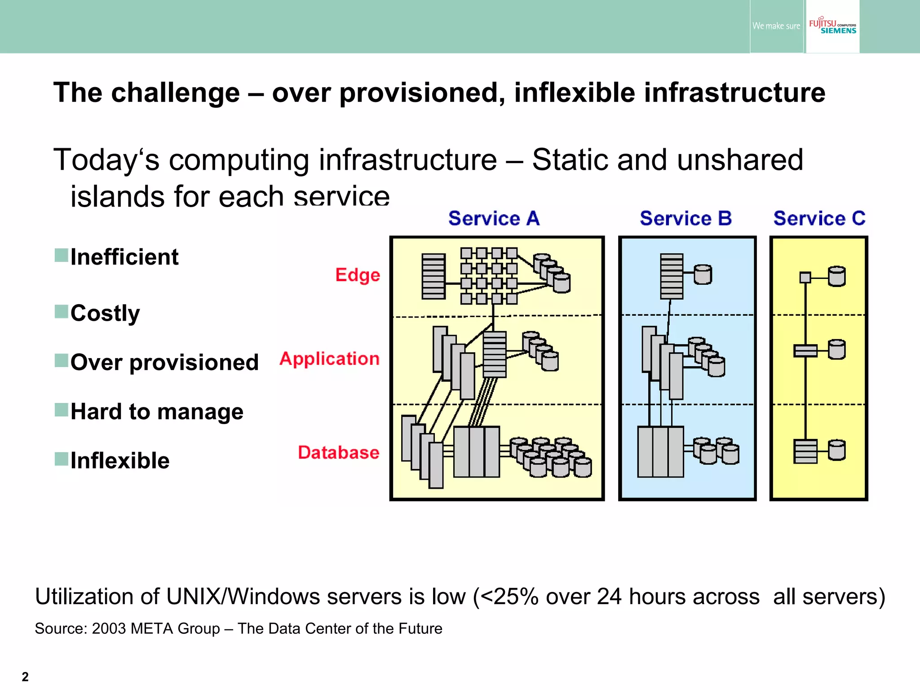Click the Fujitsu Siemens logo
click(832, 26)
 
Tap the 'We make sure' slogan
click(776, 26)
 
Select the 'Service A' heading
click(494, 218)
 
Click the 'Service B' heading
click(686, 218)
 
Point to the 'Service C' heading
click(819, 218)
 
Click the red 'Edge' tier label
click(358, 275)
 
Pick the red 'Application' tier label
click(329, 358)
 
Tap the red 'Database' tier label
click(339, 452)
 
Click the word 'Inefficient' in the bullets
click(124, 257)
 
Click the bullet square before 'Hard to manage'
click(61, 410)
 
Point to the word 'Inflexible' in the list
click(120, 460)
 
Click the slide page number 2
click(25, 677)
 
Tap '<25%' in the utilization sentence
click(509, 597)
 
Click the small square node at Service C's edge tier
click(805, 278)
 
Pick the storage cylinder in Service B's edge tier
click(703, 274)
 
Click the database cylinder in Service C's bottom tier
click(836, 450)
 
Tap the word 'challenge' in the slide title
click(175, 93)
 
